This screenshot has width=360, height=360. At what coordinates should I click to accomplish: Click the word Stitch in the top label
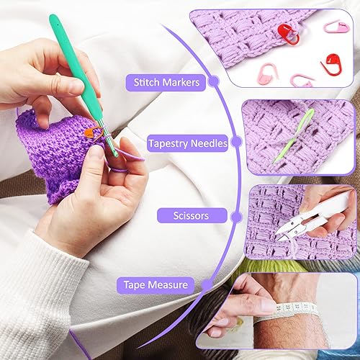(x=145, y=82)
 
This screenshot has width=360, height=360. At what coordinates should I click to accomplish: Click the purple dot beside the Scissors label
(x=226, y=214)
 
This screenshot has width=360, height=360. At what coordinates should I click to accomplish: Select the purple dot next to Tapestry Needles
(x=235, y=144)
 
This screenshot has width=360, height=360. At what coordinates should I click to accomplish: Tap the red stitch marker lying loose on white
(x=332, y=63)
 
